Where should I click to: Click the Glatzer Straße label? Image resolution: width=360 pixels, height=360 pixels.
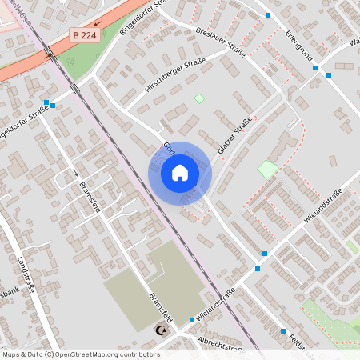click(234, 135)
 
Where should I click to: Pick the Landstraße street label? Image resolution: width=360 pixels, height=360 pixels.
click(26, 274)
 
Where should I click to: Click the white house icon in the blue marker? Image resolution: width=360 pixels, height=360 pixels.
click(179, 172)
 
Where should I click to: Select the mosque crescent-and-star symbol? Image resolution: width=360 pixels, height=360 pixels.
click(162, 330)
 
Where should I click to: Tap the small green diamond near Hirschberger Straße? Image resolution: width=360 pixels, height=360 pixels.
click(199, 98)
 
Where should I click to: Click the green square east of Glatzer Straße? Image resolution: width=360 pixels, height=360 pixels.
click(267, 170)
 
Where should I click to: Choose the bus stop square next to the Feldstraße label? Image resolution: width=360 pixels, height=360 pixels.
click(283, 331)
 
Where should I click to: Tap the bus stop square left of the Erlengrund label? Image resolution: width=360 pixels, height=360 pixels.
click(268, 15)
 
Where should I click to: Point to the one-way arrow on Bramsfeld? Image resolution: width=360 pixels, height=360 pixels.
click(78, 174)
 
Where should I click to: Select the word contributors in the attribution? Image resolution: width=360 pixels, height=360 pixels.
click(138, 354)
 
